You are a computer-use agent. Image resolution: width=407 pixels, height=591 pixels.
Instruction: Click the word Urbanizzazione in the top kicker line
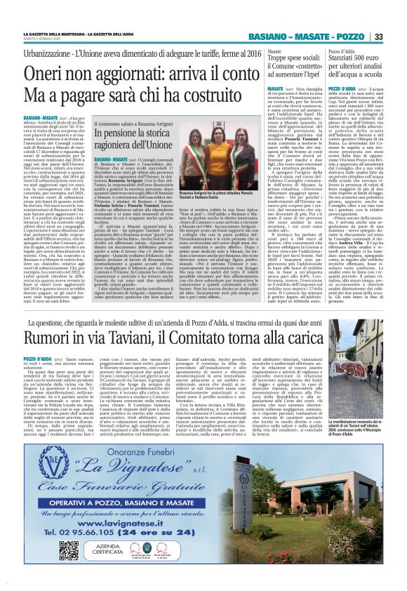46,53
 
